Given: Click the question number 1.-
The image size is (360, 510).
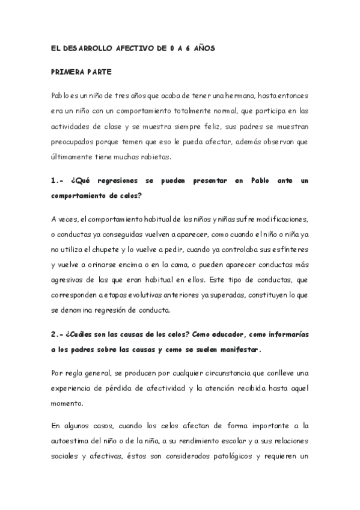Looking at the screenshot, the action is [x=58, y=180].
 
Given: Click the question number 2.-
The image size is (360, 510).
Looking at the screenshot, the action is [x=58, y=333].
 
